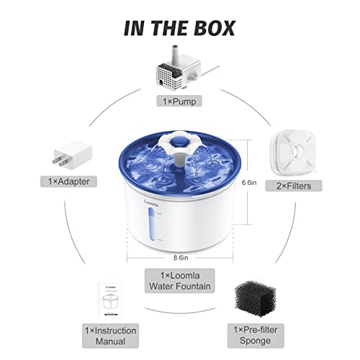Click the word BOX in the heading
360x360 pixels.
click(x=215, y=28)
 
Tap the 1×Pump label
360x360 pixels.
click(x=179, y=101)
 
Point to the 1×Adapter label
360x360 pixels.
click(x=68, y=181)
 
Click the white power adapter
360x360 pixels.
click(x=73, y=155)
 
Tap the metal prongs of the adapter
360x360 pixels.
click(x=59, y=161)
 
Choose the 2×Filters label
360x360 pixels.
click(x=294, y=186)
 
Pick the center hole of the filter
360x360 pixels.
click(x=296, y=151)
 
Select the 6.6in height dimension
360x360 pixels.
click(x=249, y=183)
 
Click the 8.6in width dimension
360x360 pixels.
click(x=181, y=258)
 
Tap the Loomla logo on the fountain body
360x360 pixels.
click(x=151, y=202)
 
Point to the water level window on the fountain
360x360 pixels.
click(x=151, y=225)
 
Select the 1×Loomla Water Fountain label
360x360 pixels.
click(x=180, y=281)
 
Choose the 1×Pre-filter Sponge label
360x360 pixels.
click(x=256, y=336)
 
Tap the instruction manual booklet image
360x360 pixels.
click(x=110, y=300)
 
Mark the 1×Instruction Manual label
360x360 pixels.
click(x=110, y=336)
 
